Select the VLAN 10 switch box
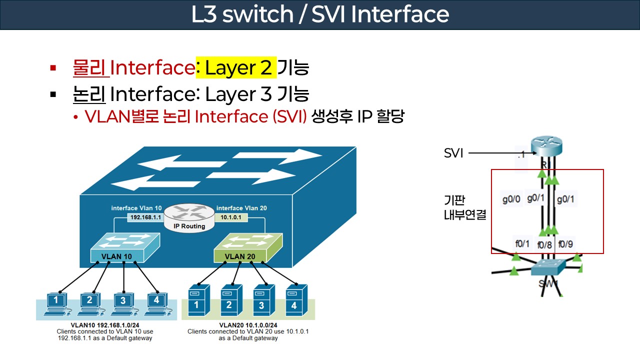pyautogui.click(x=123, y=248)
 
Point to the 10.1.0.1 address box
pyautogui.click(x=231, y=218)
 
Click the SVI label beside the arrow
pyautogui.click(x=453, y=153)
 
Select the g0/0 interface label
pyautogui.click(x=511, y=199)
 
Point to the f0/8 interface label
pyautogui.click(x=544, y=245)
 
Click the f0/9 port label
pyautogui.click(x=565, y=244)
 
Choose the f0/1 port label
pyautogui.click(x=522, y=243)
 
